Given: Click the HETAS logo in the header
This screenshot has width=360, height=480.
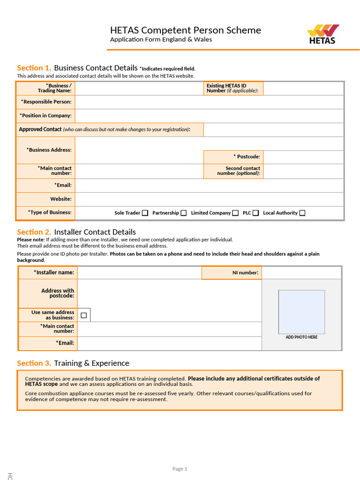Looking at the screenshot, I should click(322, 34).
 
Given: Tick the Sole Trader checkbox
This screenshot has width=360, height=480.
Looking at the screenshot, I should click(145, 213).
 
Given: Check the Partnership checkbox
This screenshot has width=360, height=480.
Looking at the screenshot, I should click(183, 213).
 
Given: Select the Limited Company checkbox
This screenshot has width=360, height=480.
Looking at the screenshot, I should click(235, 213).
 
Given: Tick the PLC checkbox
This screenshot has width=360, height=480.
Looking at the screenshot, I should click(255, 213).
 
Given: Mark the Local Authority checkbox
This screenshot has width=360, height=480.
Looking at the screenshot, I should click(302, 213).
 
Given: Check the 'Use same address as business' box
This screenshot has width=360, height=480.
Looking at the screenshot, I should click(84, 315).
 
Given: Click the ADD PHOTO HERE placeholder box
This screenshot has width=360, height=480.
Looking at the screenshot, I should click(301, 312).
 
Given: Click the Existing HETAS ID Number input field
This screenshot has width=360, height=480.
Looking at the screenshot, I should click(303, 88).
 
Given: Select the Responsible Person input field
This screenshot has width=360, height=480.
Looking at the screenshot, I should click(209, 102).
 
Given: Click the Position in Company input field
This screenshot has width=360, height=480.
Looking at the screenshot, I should click(209, 116).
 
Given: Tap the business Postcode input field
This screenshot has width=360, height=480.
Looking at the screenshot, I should click(303, 157).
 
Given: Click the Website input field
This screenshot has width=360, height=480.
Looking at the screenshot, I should click(209, 199).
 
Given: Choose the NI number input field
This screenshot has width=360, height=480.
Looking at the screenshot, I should click(301, 272).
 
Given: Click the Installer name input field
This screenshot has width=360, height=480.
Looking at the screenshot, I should click(139, 272).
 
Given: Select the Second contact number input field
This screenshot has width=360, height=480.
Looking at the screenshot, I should click(303, 171).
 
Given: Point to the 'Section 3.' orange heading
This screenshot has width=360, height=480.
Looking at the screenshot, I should click(34, 363).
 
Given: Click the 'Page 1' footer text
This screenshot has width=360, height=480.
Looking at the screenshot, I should click(180, 469).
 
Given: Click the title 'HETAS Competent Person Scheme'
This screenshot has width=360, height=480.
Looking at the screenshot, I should click(185, 30).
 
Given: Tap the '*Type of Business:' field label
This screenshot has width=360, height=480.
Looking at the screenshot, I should click(50, 212).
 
